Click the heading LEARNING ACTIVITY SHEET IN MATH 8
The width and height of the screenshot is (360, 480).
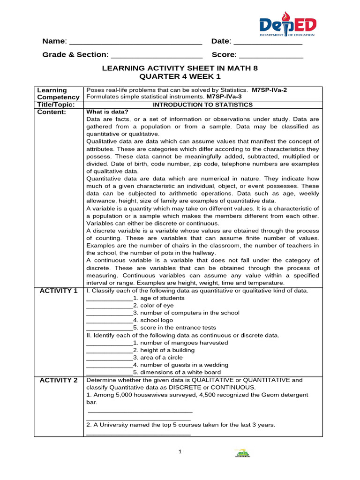point(180,68)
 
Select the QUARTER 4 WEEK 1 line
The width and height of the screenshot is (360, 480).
point(180,76)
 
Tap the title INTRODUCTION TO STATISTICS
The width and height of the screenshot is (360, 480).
point(202,105)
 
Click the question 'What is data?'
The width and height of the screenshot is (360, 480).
point(104,112)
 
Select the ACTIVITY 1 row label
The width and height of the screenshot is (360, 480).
point(58,291)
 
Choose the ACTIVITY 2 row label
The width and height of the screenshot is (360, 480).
point(58,380)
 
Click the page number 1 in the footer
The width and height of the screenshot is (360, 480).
point(180,452)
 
